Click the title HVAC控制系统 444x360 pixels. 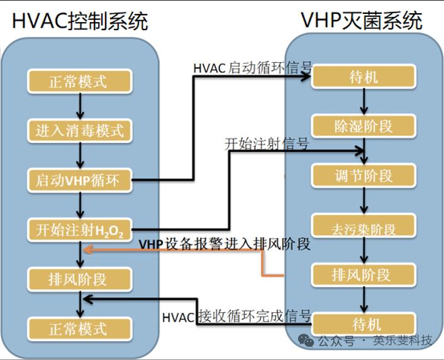point(80,21)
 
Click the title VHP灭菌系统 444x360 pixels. point(362,20)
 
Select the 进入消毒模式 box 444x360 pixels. point(79,131)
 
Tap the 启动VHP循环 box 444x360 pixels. point(79,181)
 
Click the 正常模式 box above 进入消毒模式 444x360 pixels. point(79,81)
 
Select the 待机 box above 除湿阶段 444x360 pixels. point(364,77)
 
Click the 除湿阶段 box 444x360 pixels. point(364,126)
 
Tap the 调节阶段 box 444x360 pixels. point(364,175)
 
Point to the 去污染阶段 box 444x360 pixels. point(364,226)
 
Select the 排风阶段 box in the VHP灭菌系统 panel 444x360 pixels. point(364,275)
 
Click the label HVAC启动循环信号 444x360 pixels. point(253,67)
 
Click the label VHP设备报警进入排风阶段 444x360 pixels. point(225,244)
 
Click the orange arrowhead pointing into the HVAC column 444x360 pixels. point(88,250)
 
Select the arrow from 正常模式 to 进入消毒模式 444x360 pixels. point(79,106)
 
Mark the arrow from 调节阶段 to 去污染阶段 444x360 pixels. point(364,200)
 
